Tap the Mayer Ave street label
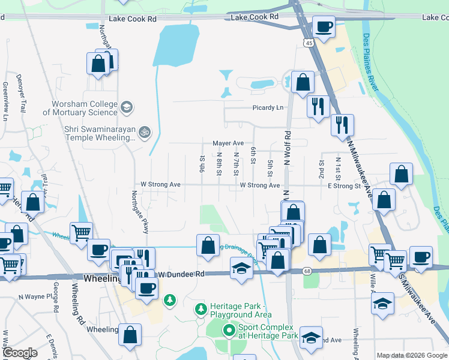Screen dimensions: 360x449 (228, 143)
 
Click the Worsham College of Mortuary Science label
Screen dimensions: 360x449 (80, 108)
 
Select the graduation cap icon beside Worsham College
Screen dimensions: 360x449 (126, 108)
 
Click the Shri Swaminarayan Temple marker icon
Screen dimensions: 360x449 (144, 132)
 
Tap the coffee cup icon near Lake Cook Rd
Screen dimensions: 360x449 (324, 27)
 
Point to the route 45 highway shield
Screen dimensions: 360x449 (309, 43)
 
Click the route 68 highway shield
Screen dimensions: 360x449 (308, 272)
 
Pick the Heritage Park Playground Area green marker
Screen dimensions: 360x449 (201, 310)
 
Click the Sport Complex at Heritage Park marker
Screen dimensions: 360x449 (229, 331)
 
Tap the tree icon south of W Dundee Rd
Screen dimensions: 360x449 (170, 299)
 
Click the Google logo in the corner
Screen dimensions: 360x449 (20, 353)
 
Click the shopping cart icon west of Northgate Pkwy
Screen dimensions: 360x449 (81, 232)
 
